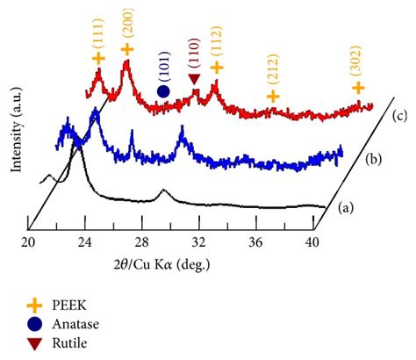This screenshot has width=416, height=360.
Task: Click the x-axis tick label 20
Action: pyautogui.click(x=29, y=243)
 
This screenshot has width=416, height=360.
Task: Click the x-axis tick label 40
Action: pyautogui.click(x=312, y=243)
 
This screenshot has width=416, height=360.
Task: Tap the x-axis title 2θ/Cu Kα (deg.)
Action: pyautogui.click(x=169, y=263)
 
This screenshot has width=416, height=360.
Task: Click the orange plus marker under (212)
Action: pyautogui.click(x=273, y=96)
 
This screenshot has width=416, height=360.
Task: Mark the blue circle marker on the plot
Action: pyautogui.click(x=163, y=90)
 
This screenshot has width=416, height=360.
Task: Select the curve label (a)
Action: pyautogui.click(x=347, y=208)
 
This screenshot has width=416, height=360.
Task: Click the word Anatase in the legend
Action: pyautogui.click(x=83, y=324)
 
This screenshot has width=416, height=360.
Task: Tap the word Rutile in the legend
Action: pyautogui.click(x=78, y=342)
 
